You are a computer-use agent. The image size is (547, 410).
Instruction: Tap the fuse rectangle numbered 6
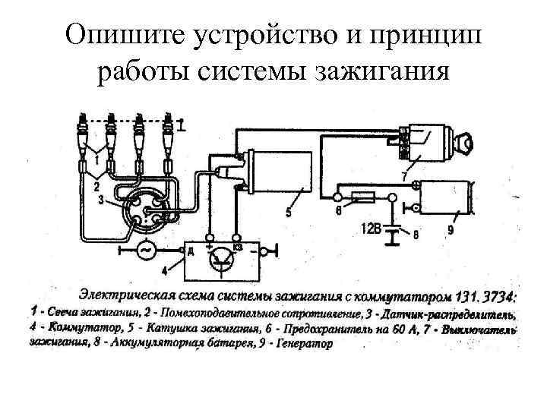point(363,200)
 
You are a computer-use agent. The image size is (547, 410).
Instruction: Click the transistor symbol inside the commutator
point(222,259)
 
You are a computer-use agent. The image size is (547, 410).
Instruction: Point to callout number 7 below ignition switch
point(403,177)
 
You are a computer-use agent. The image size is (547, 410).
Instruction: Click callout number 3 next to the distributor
point(100,200)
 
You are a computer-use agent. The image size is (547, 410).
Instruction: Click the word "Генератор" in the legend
point(300,343)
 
